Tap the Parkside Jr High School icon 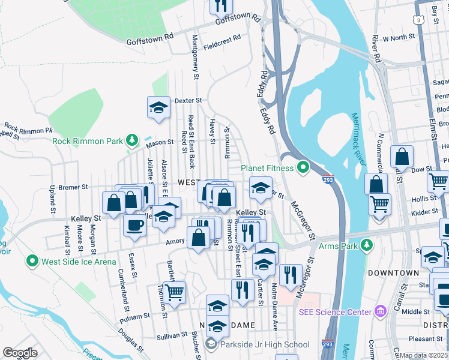210,344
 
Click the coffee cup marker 134,226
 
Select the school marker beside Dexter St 159,108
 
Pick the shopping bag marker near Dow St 402,157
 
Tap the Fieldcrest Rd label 221,41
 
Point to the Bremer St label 74,187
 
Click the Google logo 20,353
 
